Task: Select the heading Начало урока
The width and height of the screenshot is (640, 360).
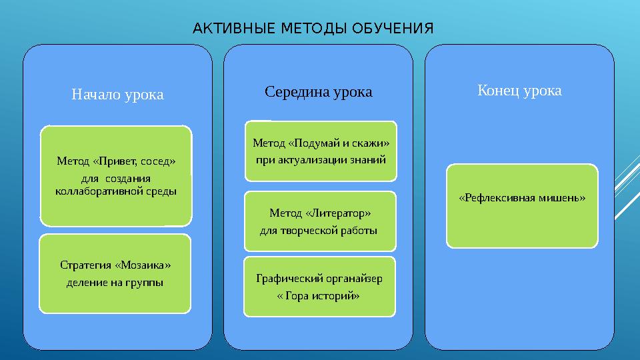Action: pyautogui.click(x=117, y=95)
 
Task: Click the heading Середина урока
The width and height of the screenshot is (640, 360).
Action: pyautogui.click(x=319, y=91)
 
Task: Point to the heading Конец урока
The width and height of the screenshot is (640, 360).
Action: pyautogui.click(x=519, y=90)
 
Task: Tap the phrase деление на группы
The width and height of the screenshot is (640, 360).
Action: pyautogui.click(x=115, y=282)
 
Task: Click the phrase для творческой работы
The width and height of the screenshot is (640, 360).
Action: pyautogui.click(x=318, y=231)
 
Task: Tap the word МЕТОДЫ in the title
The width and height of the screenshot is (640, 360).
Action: pyautogui.click(x=309, y=29)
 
